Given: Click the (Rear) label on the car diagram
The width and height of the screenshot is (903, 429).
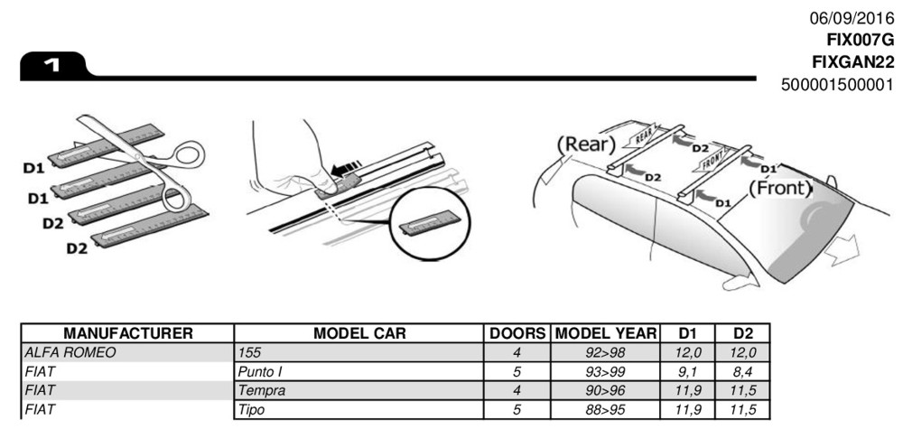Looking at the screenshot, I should (x=586, y=144).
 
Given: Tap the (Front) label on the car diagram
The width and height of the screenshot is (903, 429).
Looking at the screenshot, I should (x=780, y=188).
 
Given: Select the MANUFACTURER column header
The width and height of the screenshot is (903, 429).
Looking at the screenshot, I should (x=128, y=333).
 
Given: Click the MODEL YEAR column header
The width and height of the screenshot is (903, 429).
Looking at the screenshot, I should (x=605, y=333).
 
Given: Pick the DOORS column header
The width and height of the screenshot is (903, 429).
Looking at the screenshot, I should (x=517, y=333).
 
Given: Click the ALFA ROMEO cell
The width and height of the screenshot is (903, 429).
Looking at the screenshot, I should (x=71, y=353).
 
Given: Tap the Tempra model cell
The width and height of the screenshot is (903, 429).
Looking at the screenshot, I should (x=262, y=390).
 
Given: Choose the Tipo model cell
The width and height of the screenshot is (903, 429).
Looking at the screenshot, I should (x=252, y=409).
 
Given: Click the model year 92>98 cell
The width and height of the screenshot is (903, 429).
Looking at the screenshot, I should (x=605, y=353).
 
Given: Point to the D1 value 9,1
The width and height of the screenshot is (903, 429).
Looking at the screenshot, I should (x=687, y=372).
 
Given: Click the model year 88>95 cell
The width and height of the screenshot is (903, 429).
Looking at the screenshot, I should (x=605, y=409).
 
